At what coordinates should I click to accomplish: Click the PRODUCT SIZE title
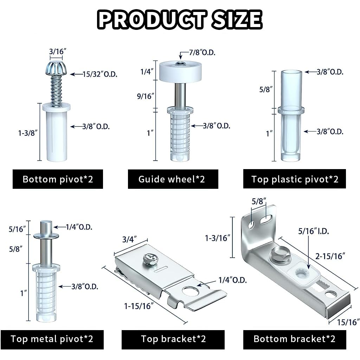pyautogui.click(x=180, y=20)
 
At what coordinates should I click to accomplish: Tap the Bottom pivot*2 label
pyautogui.click(x=58, y=179)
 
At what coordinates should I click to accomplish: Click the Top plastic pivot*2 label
pyautogui.click(x=295, y=179)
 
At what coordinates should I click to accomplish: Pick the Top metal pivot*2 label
pyautogui.click(x=52, y=339)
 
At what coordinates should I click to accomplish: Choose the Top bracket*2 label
pyautogui.click(x=173, y=339)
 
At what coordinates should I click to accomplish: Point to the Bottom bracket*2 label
pyautogui.click(x=295, y=339)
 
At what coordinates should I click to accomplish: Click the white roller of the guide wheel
pyautogui.click(x=180, y=70)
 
